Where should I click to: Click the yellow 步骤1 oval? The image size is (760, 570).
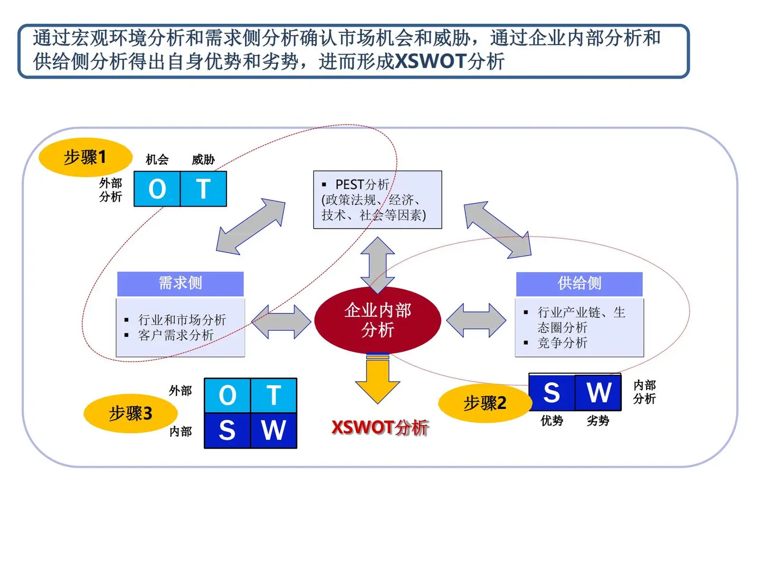point(85,157)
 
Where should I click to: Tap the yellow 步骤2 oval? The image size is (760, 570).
point(484,404)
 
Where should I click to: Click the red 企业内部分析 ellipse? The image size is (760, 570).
point(377,320)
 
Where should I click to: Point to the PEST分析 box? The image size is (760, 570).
point(377,199)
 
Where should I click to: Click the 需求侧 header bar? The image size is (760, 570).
point(180,283)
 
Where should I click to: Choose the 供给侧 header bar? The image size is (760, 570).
point(579,284)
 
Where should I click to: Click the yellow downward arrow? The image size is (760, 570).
point(377,380)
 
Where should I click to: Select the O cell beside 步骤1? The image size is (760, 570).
point(157,189)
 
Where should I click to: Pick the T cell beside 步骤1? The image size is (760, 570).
point(203,189)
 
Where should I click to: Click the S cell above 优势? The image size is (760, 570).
point(552,393)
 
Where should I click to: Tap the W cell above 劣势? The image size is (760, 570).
point(598,393)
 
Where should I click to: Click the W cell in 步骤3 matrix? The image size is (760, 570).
point(273,430)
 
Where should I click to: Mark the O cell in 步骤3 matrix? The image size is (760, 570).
point(227,395)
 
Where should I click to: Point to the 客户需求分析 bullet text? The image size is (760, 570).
point(176,335)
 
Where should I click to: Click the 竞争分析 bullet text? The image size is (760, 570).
point(562,343)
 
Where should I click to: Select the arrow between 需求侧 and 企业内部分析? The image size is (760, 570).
point(281,321)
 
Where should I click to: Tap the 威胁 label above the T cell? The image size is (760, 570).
point(203,159)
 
